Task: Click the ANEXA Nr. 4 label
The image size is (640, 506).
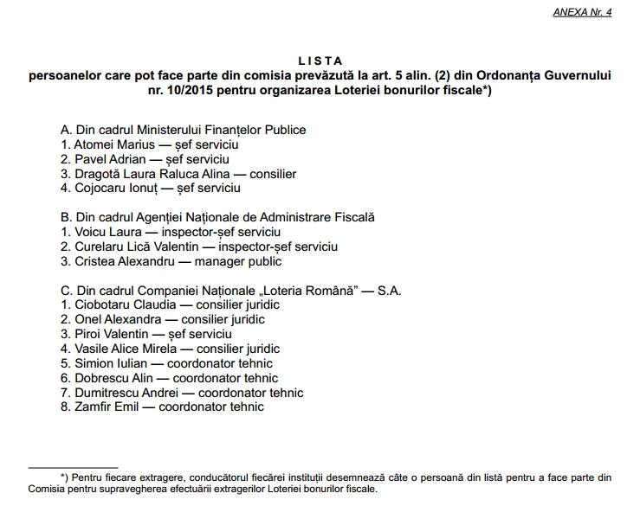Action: [582, 14]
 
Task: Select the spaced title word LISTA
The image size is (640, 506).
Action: [320, 61]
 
